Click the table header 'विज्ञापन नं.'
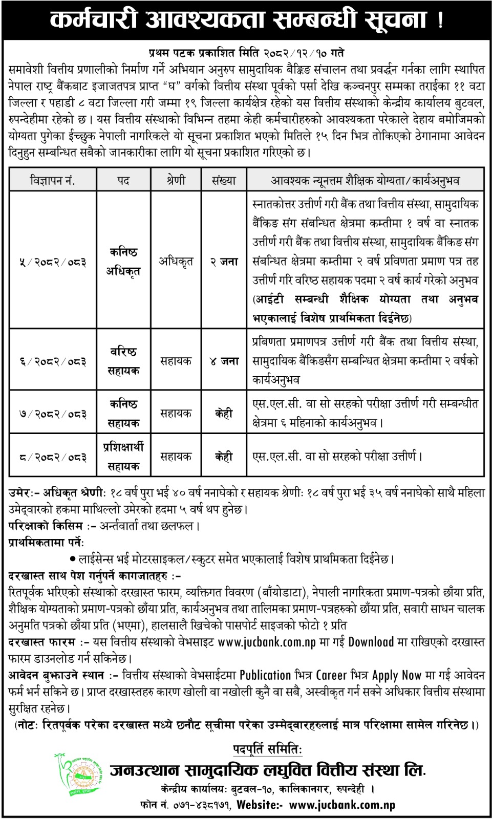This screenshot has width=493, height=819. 53,181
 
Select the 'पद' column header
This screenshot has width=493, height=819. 123,181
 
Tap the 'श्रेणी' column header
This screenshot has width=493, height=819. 176,181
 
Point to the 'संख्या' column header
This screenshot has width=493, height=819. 224,181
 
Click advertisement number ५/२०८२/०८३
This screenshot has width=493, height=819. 53,262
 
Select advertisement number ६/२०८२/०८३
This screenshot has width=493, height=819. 53,361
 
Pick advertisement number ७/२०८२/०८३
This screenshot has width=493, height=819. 53,414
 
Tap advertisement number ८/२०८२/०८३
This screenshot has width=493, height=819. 53,457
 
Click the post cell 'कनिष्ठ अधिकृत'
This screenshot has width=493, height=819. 123,262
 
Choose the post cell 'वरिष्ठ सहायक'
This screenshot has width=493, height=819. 123,361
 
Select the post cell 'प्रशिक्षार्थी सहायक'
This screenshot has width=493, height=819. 123,457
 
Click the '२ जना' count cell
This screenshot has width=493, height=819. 224,262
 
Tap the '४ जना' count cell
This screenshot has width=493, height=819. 224,361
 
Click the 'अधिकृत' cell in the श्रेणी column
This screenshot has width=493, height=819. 176,262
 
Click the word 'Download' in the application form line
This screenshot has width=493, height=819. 371,642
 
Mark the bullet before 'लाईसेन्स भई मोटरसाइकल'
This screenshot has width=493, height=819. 74,559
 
